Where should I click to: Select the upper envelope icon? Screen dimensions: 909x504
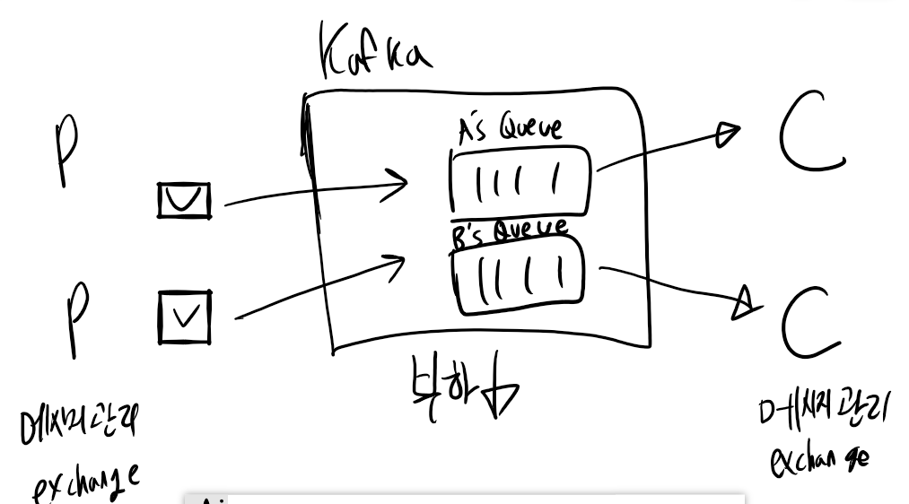184,200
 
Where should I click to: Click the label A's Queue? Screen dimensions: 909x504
510,130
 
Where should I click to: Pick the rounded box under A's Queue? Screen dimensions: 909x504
520,181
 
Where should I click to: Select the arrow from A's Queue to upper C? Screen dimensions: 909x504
669,148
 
